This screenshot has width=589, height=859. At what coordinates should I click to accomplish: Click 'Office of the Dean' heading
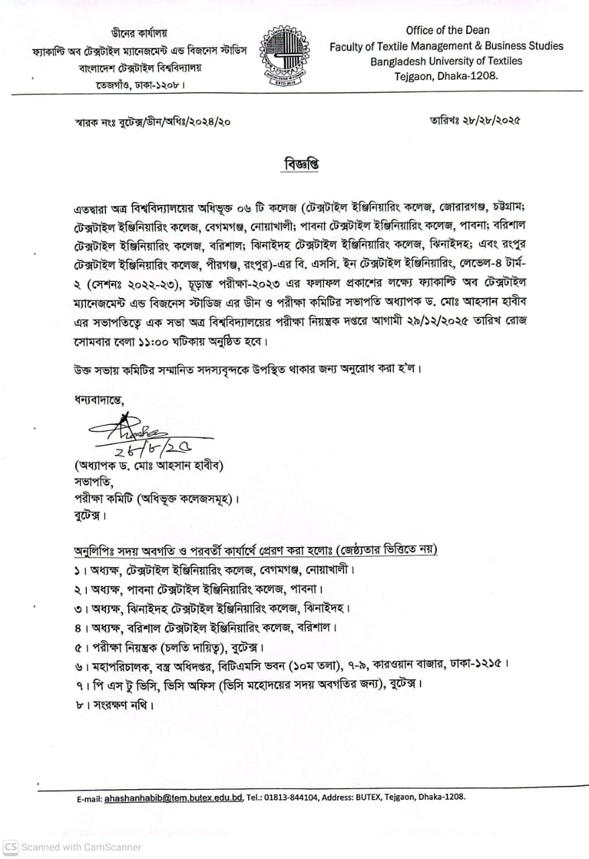coord(447,30)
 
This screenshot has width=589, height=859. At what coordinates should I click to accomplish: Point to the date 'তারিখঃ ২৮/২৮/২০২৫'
coord(475,121)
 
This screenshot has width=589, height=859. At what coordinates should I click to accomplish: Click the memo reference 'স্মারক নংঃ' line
coord(154,123)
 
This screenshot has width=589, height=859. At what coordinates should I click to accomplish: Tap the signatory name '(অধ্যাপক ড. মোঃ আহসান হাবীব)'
coord(148,465)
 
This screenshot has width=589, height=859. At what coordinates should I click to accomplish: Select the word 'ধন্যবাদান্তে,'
coord(99,400)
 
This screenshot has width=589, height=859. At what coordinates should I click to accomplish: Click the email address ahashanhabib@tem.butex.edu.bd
coord(173,798)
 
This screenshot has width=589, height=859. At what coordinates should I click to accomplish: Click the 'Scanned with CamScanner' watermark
coord(72,847)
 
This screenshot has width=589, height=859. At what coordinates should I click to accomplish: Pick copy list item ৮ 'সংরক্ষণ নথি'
coord(110,705)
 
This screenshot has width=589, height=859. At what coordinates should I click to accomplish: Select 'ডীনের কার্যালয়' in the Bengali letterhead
coord(139,33)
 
